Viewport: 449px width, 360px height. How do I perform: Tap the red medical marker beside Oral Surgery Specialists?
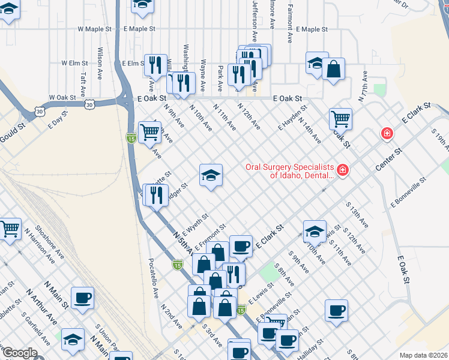(343, 171)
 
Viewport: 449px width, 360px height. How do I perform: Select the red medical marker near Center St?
(387, 133)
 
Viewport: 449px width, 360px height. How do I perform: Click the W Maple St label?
(95, 29)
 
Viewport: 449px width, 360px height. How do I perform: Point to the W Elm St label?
(74, 62)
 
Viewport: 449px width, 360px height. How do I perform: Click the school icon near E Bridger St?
(211, 175)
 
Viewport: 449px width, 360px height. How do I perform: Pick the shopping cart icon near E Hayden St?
(340, 118)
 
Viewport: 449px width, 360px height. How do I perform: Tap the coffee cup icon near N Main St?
(82, 298)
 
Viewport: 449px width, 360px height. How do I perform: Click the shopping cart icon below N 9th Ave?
(149, 133)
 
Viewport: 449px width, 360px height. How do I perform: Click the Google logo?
(19, 353)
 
